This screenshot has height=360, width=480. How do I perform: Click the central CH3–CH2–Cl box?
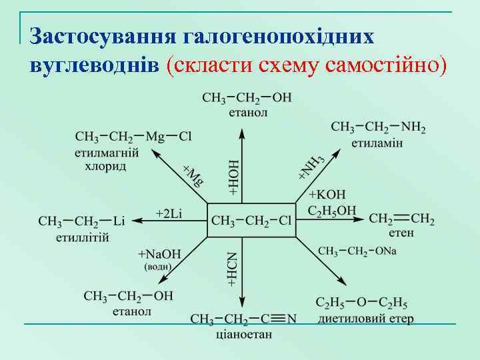point(251,220)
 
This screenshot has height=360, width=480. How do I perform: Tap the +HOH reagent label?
point(234,177)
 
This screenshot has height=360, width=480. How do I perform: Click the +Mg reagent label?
point(193,175)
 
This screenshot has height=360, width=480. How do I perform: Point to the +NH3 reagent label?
point(311,167)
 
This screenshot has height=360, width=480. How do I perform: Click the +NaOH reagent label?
point(159,254)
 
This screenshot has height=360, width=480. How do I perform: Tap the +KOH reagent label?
point(327,195)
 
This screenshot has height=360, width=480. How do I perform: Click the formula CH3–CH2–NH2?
point(378,127)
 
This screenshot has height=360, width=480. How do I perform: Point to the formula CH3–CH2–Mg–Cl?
point(133,137)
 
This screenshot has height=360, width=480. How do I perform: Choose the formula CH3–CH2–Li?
point(82,221)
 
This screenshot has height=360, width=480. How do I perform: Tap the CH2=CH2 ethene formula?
point(401,219)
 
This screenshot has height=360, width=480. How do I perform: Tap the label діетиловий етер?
point(366,319)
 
